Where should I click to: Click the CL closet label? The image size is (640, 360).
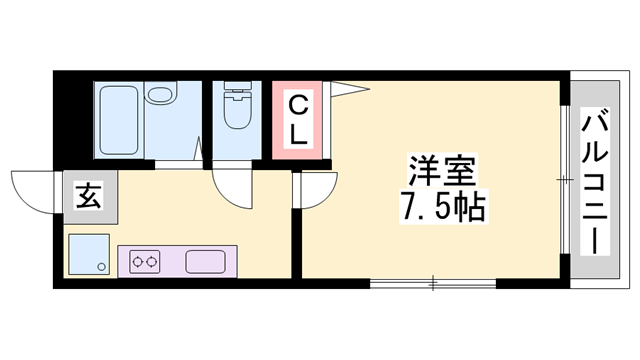coord(298,118)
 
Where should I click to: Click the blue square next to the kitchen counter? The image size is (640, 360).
coord(88,255)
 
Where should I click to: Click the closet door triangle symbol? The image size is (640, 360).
coord(349,91)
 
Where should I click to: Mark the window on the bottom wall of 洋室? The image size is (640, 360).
coord(433,285)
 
